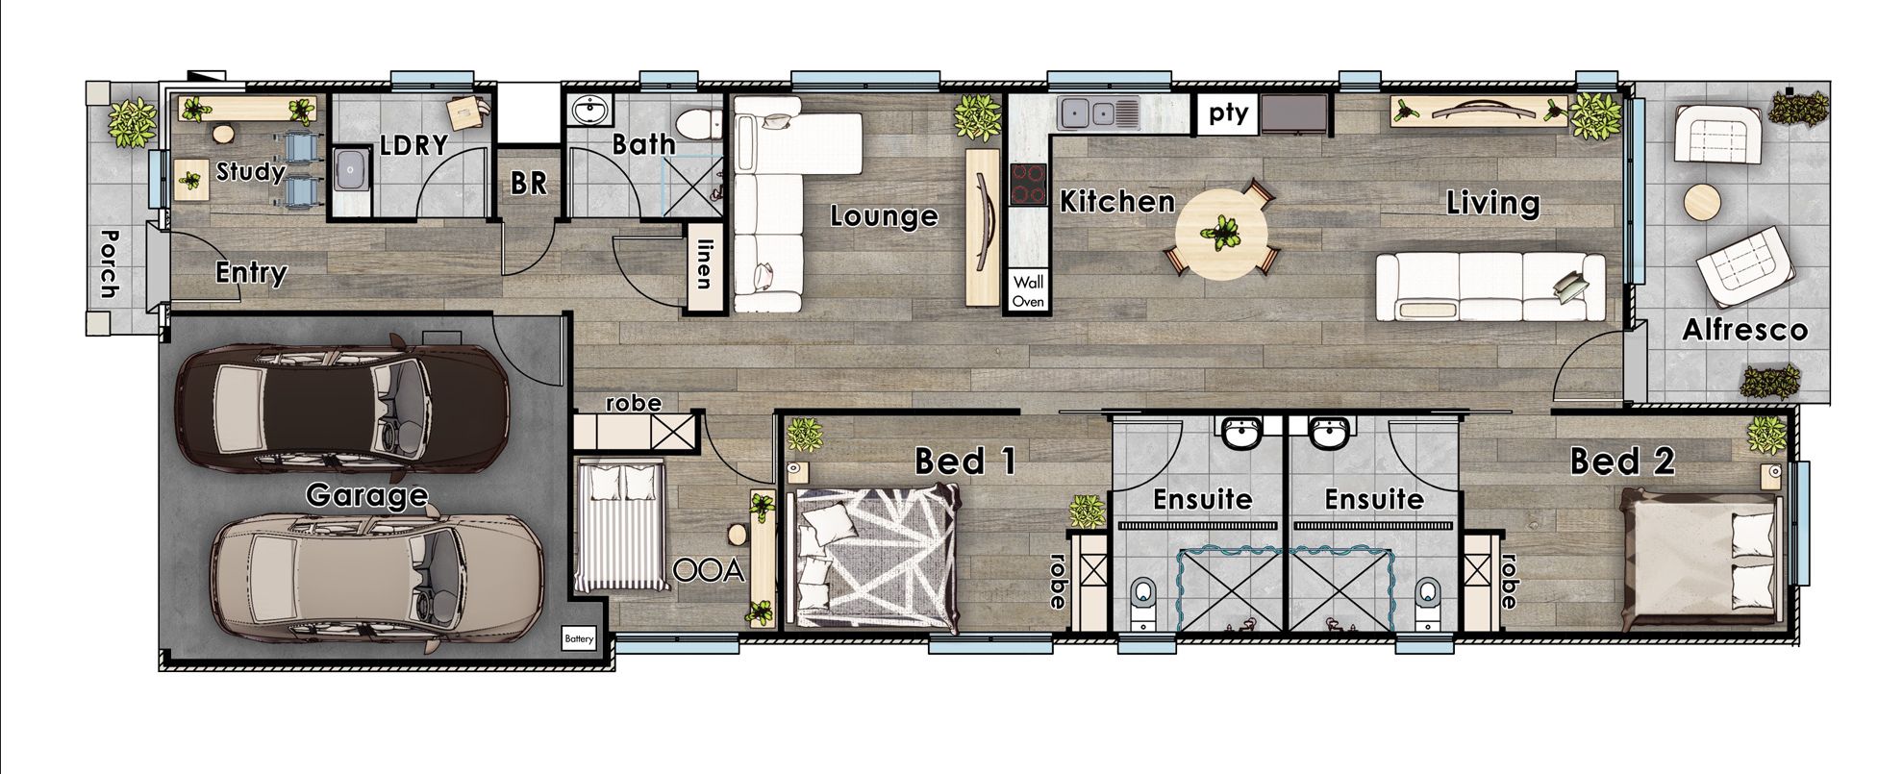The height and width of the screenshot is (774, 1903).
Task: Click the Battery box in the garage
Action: (579, 638)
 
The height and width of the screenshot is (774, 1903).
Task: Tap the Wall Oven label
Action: (1028, 290)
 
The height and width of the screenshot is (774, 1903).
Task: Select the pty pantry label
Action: (1228, 113)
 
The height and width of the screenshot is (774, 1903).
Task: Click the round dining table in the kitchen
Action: (1222, 233)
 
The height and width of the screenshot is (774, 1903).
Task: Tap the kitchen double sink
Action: (1098, 113)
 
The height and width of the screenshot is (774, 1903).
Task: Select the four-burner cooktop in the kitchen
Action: (1028, 184)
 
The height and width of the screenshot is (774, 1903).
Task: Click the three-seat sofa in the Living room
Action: (1490, 287)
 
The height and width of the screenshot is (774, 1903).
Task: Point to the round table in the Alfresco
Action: (1702, 203)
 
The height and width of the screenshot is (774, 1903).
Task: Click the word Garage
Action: (366, 496)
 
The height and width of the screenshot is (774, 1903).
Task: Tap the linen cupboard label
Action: (704, 263)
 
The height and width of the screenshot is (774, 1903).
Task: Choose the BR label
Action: (528, 183)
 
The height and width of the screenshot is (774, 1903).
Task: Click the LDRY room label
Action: (413, 145)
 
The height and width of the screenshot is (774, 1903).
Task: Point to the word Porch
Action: (108, 263)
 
